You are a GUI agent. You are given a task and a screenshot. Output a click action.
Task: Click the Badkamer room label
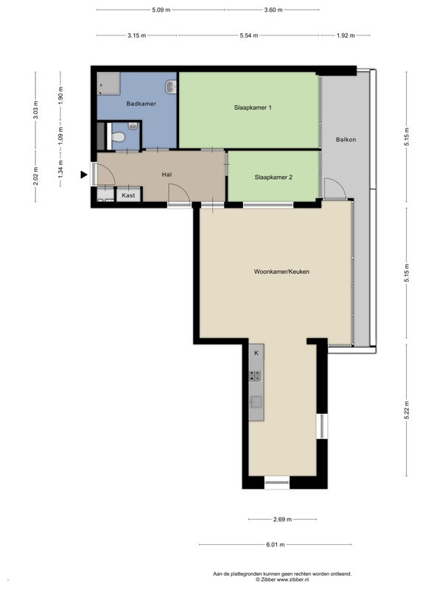click(x=141, y=104)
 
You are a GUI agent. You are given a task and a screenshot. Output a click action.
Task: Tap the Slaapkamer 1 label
click(x=253, y=107)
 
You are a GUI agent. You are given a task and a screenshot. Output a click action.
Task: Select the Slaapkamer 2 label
click(x=273, y=177)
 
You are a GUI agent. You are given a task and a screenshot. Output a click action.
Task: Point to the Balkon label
click(x=345, y=139)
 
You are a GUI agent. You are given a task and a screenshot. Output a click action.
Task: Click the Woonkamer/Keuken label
click(x=281, y=272)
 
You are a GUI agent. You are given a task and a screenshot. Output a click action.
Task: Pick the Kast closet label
click(x=128, y=195)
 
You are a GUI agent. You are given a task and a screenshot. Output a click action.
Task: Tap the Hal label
click(x=166, y=174)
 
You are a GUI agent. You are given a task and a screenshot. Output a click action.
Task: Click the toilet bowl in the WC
click(x=119, y=137)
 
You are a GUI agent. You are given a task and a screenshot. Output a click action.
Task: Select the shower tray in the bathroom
click(x=108, y=84)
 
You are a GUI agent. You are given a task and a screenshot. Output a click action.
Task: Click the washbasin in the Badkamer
click(x=171, y=87)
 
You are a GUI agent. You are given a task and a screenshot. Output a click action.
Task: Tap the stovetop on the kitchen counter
click(x=256, y=376)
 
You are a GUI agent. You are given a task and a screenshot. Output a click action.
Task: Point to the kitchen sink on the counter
click(x=256, y=401)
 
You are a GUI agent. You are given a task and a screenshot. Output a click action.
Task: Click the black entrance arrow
click(x=84, y=174)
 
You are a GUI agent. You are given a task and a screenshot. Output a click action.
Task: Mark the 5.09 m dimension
click(x=161, y=10)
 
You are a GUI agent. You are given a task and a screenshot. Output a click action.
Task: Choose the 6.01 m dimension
click(x=276, y=544)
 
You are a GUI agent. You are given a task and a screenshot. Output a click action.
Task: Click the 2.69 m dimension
click(x=282, y=520)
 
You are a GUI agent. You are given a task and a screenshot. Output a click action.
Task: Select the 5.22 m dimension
click(x=407, y=410)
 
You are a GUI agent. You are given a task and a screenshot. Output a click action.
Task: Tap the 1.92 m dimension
click(x=345, y=35)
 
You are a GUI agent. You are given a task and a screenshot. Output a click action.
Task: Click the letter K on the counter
click(x=256, y=353)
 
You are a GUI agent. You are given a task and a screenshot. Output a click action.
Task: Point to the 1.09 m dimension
click(x=61, y=135)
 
